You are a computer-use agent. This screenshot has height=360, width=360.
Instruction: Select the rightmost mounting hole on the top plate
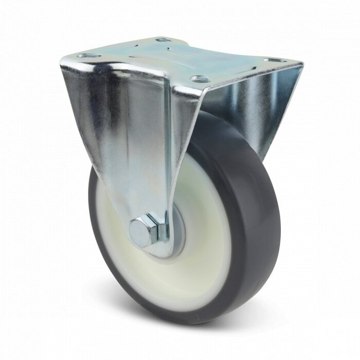click(x=275, y=60)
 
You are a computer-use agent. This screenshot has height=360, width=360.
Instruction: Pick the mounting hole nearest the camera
click(x=200, y=79)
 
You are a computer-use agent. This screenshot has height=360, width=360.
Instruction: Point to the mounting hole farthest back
click(x=163, y=39)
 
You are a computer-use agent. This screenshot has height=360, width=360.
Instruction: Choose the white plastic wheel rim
click(x=206, y=247)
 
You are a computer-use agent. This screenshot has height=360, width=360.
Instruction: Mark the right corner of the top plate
click(x=301, y=64)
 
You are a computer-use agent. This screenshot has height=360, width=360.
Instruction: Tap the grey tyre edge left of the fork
click(x=95, y=206)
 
